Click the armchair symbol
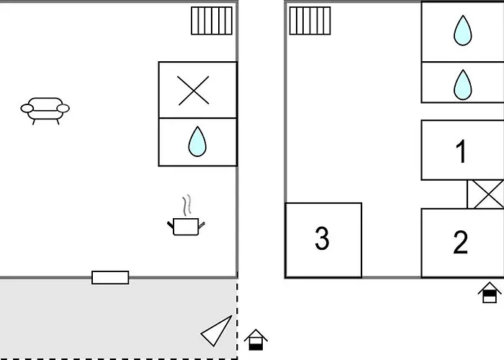[45, 110]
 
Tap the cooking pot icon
[186, 227]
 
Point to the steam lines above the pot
[188, 205]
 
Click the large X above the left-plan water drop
[193, 91]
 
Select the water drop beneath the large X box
[197, 142]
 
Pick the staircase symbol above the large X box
[212, 21]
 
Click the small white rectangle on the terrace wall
[110, 277]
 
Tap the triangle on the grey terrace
[218, 330]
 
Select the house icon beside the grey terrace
[256, 339]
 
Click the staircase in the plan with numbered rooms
[310, 21]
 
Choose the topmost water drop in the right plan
[462, 31]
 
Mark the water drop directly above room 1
[462, 85]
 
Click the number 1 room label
[462, 151]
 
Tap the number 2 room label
[461, 243]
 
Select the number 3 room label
[322, 238]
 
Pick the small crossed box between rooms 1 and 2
[485, 194]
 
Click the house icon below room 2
[490, 294]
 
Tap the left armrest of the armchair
[27, 109]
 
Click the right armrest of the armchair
[63, 109]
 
